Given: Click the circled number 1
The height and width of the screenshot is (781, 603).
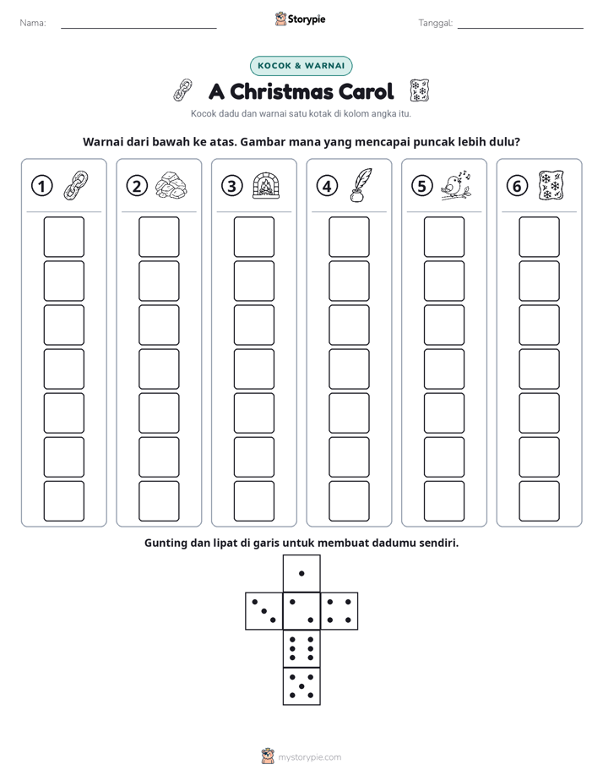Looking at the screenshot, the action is click(41, 186).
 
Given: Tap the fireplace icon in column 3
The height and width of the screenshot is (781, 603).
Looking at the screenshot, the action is click(266, 185).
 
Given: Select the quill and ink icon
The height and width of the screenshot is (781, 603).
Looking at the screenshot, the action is click(361, 185).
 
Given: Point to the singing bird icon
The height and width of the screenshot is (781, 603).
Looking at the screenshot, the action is click(456, 186).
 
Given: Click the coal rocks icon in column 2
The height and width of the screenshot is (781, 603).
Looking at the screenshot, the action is click(171, 185).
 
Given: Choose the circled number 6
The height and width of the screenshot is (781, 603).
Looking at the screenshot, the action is click(517, 186).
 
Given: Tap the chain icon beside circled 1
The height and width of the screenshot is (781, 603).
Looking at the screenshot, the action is click(76, 185).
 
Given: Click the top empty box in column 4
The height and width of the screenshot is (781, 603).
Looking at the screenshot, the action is click(350, 237).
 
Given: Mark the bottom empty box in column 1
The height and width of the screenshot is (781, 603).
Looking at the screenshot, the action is click(63, 501).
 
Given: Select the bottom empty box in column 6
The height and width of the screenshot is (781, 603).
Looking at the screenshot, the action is click(540, 501).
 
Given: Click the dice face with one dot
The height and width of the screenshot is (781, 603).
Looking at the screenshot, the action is click(301, 573).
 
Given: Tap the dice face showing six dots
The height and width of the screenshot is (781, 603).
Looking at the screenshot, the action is click(301, 648).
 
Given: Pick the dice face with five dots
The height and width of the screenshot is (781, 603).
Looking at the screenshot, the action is click(301, 685).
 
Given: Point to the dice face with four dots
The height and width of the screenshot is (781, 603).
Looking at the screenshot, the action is click(340, 610).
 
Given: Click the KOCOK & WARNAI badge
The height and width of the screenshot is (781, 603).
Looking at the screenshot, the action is click(301, 66).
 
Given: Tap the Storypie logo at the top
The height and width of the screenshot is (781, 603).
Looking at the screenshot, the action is click(300, 19).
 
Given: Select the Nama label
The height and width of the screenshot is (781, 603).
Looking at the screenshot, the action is click(33, 23).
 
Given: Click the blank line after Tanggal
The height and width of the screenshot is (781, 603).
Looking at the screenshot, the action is click(520, 28).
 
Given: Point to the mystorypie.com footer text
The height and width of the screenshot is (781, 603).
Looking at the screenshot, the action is click(309, 757).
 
